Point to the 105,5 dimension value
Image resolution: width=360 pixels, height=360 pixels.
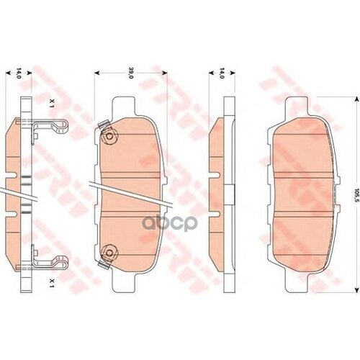point(355,193)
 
